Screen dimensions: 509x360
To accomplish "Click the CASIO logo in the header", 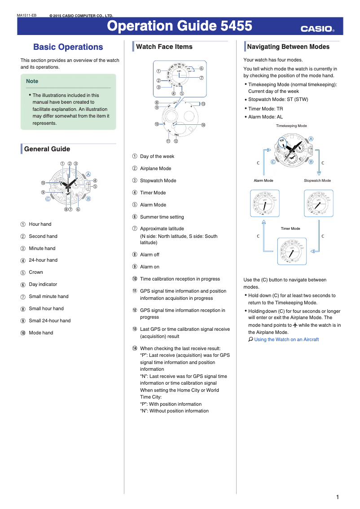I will pyautogui.click(x=317, y=29).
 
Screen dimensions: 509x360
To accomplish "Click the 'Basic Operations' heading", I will pyautogui.click(x=68, y=47).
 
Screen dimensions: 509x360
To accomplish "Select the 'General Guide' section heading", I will pyautogui.click(x=47, y=149).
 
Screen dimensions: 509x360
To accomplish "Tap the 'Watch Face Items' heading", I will pyautogui.click(x=164, y=47).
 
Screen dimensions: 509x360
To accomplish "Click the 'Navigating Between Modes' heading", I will pyautogui.click(x=288, y=47).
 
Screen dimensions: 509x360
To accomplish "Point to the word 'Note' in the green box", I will pyautogui.click(x=32, y=81).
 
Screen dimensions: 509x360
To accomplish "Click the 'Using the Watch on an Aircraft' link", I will pyautogui.click(x=286, y=339).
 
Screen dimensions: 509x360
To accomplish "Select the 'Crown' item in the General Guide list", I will pyautogui.click(x=36, y=272).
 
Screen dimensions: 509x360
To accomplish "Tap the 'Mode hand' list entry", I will pyautogui.click(x=41, y=333).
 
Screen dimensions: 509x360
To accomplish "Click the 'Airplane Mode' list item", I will pyautogui.click(x=155, y=168).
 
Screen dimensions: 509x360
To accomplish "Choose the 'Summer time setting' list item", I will pyautogui.click(x=162, y=217).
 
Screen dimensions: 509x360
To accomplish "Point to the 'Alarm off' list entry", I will pyautogui.click(x=149, y=254).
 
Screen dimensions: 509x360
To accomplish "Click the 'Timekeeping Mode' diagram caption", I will pyautogui.click(x=291, y=126).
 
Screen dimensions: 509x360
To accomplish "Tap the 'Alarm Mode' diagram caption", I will pyautogui.click(x=263, y=180).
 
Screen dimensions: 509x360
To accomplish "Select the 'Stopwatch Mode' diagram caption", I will pyautogui.click(x=317, y=180).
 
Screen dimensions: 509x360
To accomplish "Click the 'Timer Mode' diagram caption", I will pyautogui.click(x=290, y=228).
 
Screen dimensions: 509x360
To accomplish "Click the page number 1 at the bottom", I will pyautogui.click(x=337, y=497).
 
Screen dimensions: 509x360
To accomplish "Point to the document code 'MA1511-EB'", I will pyautogui.click(x=26, y=16).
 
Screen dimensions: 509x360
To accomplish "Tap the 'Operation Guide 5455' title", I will pyautogui.click(x=180, y=26).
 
